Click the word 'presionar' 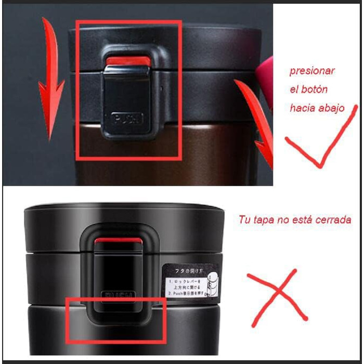click(x=312, y=71)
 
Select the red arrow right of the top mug click(x=258, y=120)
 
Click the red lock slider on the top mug click(x=128, y=63)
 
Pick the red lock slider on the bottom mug click(x=119, y=241)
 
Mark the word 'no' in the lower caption click(x=283, y=220)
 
